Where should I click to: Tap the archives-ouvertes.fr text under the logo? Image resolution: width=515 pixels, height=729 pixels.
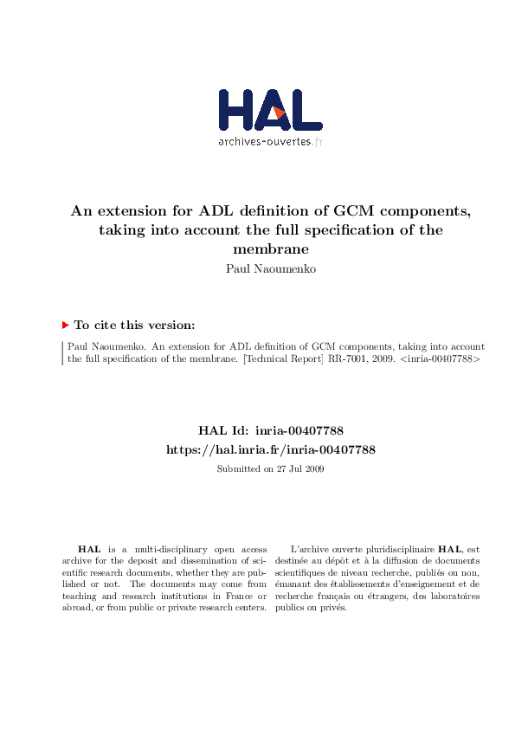point(269,142)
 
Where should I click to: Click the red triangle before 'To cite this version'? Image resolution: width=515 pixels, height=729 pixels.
point(65,326)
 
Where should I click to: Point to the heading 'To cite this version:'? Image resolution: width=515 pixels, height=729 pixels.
point(134,326)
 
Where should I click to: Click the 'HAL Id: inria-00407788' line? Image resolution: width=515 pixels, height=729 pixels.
point(270,430)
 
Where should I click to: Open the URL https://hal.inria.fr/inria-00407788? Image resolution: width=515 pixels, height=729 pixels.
point(270,450)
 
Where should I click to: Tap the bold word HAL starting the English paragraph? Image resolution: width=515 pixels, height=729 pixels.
point(88,550)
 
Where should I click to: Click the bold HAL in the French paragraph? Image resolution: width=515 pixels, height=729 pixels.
point(449,550)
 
